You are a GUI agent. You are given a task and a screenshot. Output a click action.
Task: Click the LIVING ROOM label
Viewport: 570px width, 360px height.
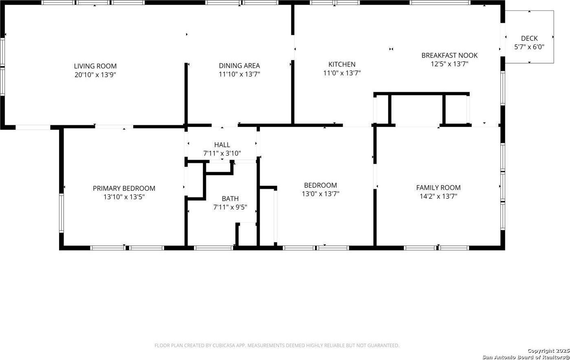click(95, 66)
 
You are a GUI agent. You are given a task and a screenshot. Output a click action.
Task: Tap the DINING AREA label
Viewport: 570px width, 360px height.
click(239, 66)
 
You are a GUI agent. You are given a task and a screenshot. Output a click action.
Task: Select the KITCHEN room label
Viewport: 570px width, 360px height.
click(342, 64)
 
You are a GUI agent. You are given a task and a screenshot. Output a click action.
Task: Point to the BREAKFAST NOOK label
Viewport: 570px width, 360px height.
click(449, 55)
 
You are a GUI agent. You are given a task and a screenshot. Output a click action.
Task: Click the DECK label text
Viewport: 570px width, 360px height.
click(529, 38)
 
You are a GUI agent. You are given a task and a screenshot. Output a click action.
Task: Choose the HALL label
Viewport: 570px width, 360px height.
click(222, 145)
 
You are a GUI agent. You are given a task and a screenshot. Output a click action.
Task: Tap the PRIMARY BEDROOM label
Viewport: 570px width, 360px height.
click(124, 188)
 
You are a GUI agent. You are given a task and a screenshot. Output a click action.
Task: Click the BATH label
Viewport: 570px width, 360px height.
click(230, 199)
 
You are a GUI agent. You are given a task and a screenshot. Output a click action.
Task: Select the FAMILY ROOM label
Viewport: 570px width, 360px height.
click(438, 188)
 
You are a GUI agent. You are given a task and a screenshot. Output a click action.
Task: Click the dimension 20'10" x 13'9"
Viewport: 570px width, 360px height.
click(95, 75)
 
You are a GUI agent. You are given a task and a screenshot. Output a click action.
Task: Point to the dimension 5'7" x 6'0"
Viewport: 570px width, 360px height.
click(529, 47)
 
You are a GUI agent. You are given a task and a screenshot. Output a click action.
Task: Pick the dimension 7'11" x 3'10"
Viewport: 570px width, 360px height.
click(222, 154)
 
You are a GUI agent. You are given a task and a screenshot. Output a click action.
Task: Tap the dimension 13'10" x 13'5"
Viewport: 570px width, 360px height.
click(124, 197)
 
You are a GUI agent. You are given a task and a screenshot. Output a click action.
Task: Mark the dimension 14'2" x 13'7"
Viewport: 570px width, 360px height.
click(438, 196)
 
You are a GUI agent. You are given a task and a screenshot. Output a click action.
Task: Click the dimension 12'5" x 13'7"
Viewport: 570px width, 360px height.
click(449, 64)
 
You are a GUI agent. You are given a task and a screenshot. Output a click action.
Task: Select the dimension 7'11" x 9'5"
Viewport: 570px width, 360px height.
click(230, 207)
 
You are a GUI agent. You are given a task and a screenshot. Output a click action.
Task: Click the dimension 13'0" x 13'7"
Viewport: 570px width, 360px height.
click(320, 194)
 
